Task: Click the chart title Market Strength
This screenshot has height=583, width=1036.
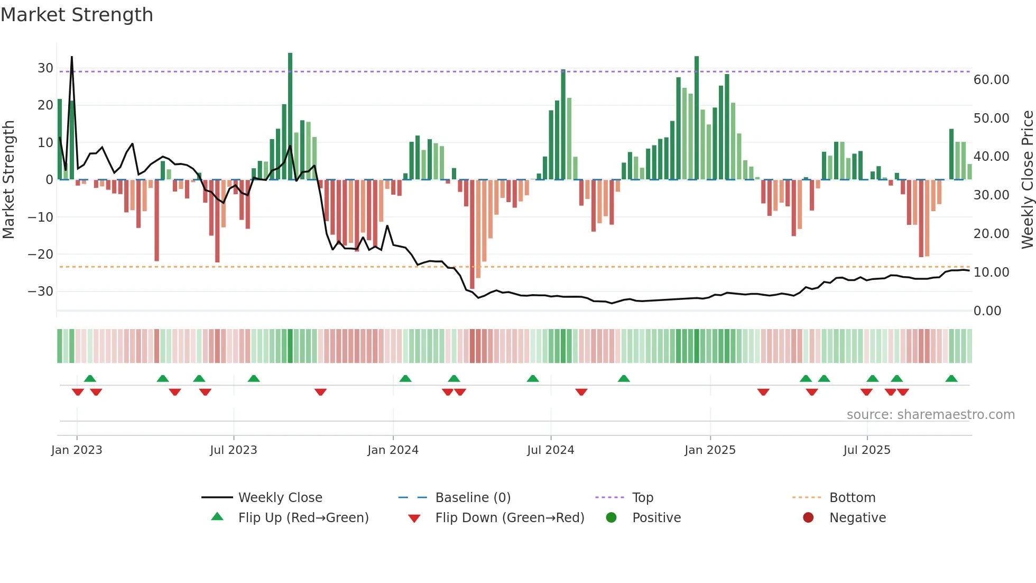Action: coord(77,15)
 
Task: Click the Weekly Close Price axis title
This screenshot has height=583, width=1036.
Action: coord(1027,179)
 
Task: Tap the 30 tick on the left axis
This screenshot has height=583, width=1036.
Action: coord(45,68)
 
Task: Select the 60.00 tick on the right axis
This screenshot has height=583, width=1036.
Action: coord(991,80)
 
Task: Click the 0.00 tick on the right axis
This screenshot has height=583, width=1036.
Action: coord(987,311)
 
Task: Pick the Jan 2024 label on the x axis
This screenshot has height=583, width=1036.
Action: coord(393,450)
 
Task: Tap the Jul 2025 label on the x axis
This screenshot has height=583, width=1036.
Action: coord(866,450)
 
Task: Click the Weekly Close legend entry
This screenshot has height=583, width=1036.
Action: coord(280,498)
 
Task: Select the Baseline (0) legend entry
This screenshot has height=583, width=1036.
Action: coord(473,498)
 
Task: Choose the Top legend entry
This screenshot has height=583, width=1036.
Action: coord(642,498)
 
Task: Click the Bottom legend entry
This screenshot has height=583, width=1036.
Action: coord(852,498)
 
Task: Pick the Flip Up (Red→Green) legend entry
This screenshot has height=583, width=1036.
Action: coord(303,518)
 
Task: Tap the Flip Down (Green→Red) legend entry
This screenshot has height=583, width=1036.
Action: coord(510,518)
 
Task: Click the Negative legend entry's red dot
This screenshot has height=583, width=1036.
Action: coord(808,518)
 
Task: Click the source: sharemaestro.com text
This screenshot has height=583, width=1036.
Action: coord(930,415)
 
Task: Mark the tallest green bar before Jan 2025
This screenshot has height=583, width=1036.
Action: coord(290,116)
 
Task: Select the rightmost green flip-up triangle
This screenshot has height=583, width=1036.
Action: coord(951,379)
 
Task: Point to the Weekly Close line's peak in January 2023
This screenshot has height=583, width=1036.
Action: coord(72,57)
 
